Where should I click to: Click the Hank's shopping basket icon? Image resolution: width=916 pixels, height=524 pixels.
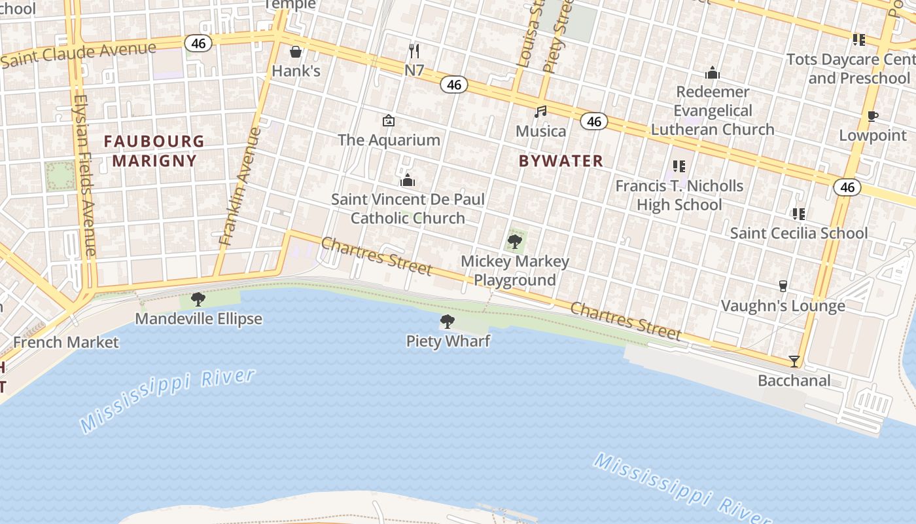pyautogui.click(x=296, y=51)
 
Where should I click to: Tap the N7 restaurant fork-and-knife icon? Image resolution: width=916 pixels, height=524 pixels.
pyautogui.click(x=414, y=50)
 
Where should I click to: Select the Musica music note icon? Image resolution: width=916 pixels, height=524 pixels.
pyautogui.click(x=540, y=111)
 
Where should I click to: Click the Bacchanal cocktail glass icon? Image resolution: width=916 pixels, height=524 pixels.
pyautogui.click(x=794, y=361)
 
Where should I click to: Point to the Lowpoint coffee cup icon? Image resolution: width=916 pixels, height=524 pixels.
pyautogui.click(x=872, y=116)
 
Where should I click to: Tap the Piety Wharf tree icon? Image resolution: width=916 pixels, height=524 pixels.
pyautogui.click(x=448, y=321)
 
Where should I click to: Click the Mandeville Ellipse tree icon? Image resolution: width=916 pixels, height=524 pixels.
pyautogui.click(x=198, y=299)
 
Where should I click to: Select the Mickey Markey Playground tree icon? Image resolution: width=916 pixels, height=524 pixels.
pyautogui.click(x=515, y=242)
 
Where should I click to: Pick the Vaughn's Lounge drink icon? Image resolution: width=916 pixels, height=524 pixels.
pyautogui.click(x=783, y=286)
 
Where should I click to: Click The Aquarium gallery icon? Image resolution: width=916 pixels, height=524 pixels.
pyautogui.click(x=389, y=121)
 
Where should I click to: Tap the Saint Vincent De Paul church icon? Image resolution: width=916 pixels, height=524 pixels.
pyautogui.click(x=408, y=179)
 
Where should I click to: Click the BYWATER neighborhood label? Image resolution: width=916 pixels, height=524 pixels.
pyautogui.click(x=561, y=160)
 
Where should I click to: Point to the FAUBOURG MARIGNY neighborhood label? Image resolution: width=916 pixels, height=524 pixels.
pyautogui.click(x=154, y=151)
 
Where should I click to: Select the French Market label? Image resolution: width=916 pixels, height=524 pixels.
pyautogui.click(x=66, y=342)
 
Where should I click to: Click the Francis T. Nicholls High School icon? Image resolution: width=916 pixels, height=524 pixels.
pyautogui.click(x=679, y=166)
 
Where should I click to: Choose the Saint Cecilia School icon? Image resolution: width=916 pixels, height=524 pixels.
pyautogui.click(x=798, y=214)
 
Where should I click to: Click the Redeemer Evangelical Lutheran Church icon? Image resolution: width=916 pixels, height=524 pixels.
pyautogui.click(x=713, y=73)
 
